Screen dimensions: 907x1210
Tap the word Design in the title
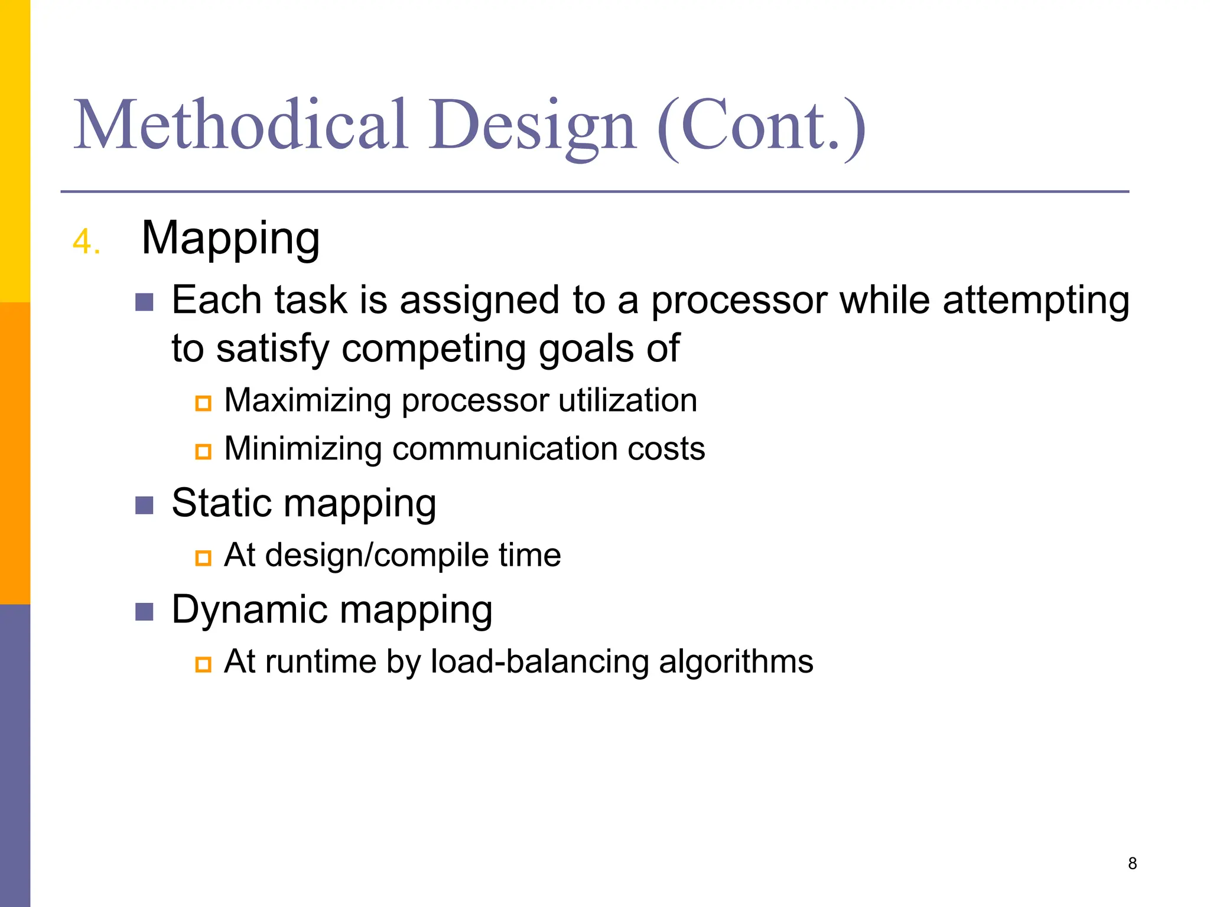pyautogui.click(x=532, y=125)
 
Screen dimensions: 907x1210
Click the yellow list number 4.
pyautogui.click(x=86, y=242)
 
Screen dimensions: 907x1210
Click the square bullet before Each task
pyautogui.click(x=144, y=302)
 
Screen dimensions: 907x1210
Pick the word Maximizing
pyautogui.click(x=308, y=400)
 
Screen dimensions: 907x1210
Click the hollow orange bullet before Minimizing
pyautogui.click(x=203, y=452)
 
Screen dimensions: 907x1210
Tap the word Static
pyautogui.click(x=222, y=503)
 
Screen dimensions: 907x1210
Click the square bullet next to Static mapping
pyautogui.click(x=144, y=505)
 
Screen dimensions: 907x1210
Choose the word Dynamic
pyautogui.click(x=249, y=609)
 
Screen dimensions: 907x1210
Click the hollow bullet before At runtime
pyautogui.click(x=203, y=664)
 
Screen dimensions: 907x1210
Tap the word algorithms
pyautogui.click(x=736, y=661)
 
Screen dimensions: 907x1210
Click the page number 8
pyautogui.click(x=1132, y=863)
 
